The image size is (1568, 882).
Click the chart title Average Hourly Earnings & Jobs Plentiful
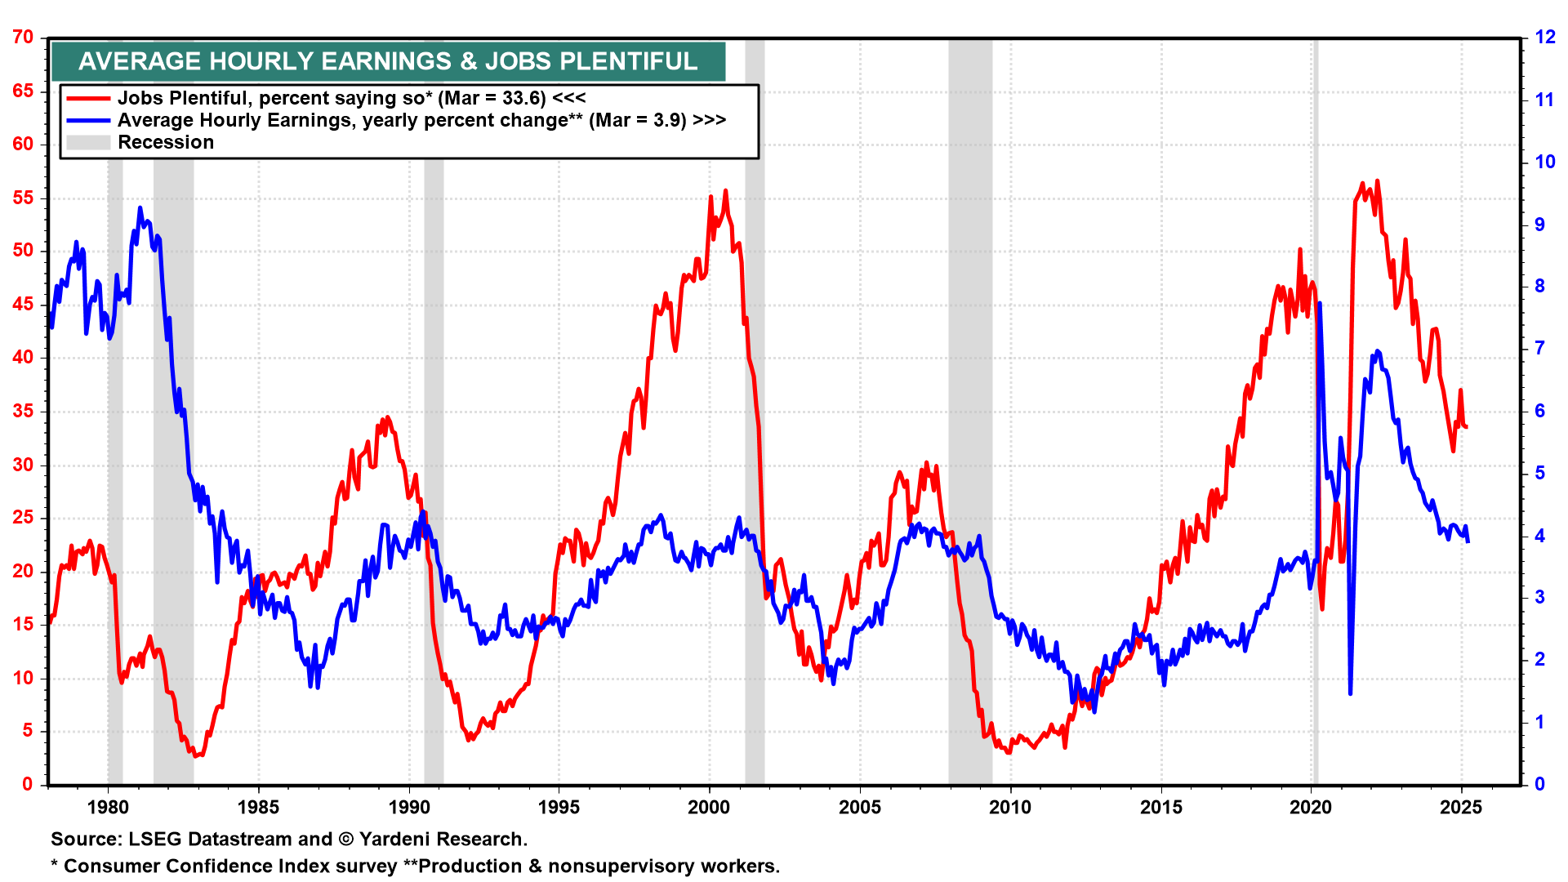388,61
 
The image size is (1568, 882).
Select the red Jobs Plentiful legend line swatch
88,98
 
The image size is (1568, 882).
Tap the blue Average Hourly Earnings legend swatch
88,120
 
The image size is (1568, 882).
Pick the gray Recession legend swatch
88,142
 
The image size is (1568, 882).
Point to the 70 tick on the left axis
23,38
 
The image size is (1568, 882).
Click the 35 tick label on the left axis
23,411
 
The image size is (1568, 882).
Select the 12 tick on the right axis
1544,38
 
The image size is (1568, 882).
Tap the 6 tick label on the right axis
1539,411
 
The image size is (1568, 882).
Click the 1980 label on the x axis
108,808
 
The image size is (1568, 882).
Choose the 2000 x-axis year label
709,808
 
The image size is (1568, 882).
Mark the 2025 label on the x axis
1461,808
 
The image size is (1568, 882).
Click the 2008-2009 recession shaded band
969,408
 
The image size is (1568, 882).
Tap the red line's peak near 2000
725,191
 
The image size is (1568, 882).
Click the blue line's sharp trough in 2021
1350,693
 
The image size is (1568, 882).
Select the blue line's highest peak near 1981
140,208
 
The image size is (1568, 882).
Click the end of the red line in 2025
1467,427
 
